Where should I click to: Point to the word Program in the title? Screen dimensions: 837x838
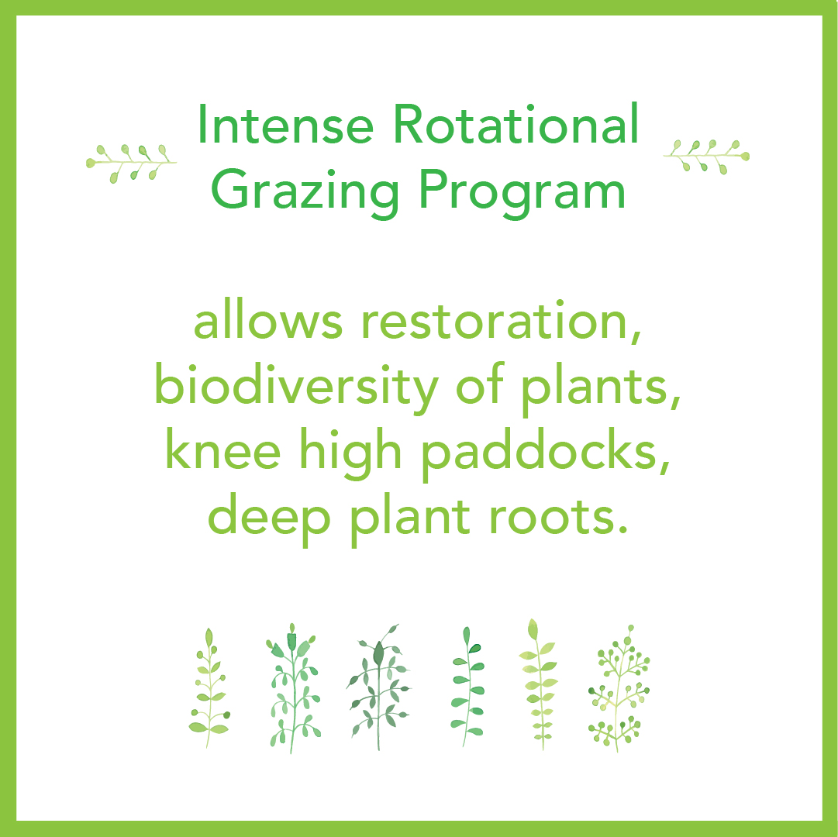521,191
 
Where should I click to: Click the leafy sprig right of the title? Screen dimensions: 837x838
706,156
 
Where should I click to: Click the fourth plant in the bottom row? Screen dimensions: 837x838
467,687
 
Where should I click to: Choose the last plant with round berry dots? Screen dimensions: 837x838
618,689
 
